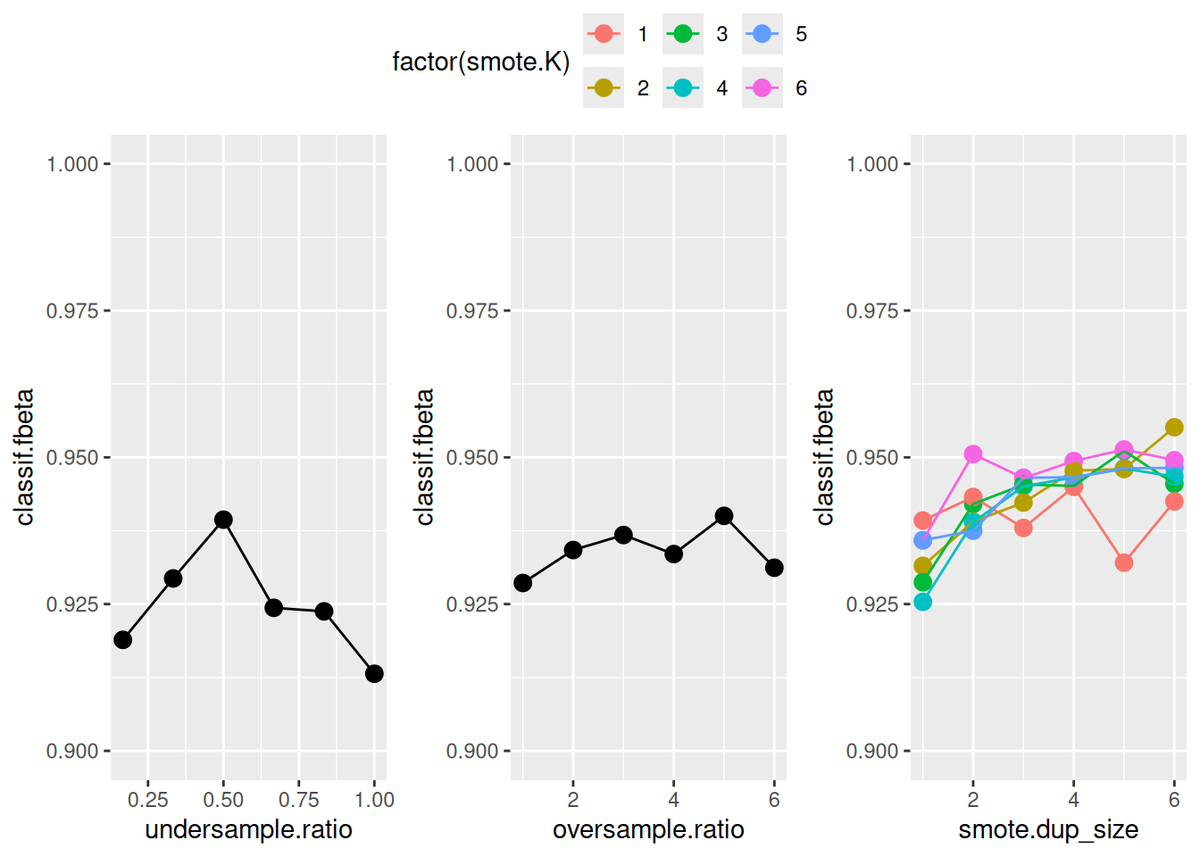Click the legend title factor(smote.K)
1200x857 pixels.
(480, 62)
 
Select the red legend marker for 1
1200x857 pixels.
(604, 34)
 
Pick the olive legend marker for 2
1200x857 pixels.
(604, 87)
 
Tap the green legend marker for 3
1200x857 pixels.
(683, 34)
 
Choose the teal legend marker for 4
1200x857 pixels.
(683, 87)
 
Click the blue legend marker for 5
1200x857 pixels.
(762, 34)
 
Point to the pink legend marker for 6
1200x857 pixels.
(762, 87)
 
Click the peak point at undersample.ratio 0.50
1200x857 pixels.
(223, 520)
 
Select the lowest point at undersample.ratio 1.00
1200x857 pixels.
(374, 673)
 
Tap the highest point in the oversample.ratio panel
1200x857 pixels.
(724, 516)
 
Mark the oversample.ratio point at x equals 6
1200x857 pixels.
(774, 568)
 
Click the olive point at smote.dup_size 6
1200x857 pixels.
(1174, 428)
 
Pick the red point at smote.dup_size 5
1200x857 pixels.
(1124, 562)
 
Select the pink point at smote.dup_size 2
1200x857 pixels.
(973, 454)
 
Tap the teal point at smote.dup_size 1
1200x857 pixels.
(923, 602)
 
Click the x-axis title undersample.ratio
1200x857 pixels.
(248, 830)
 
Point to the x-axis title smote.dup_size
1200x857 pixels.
(1048, 830)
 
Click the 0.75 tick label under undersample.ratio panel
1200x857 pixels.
(298, 800)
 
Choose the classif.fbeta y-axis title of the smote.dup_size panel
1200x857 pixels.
(825, 456)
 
